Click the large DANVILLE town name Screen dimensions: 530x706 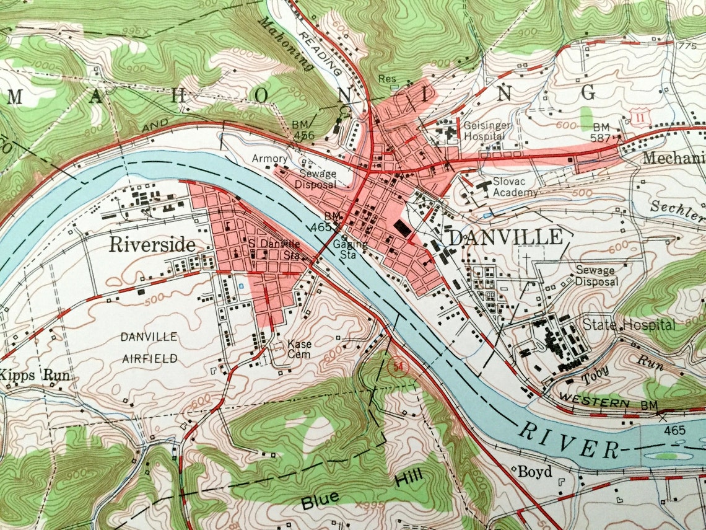point(505,237)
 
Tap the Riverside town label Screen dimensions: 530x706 point(152,244)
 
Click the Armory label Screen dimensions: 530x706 point(269,159)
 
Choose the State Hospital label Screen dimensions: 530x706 point(629,324)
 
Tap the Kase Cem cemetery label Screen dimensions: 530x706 point(300,348)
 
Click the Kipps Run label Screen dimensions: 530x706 point(35,375)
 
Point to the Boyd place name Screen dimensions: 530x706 point(534,472)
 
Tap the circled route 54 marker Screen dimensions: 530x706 point(398,367)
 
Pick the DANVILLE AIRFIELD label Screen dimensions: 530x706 point(149,347)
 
